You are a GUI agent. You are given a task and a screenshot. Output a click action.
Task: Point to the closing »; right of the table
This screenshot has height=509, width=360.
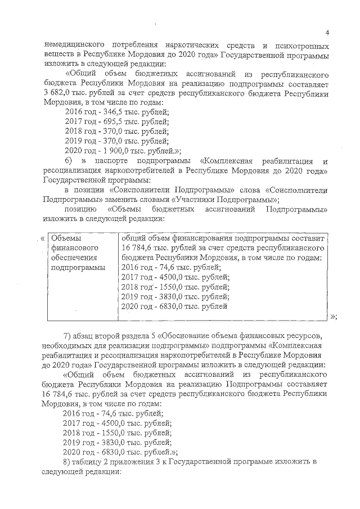[x=334, y=317]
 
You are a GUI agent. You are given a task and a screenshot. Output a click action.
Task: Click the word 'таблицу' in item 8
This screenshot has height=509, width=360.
[x=92, y=462]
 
